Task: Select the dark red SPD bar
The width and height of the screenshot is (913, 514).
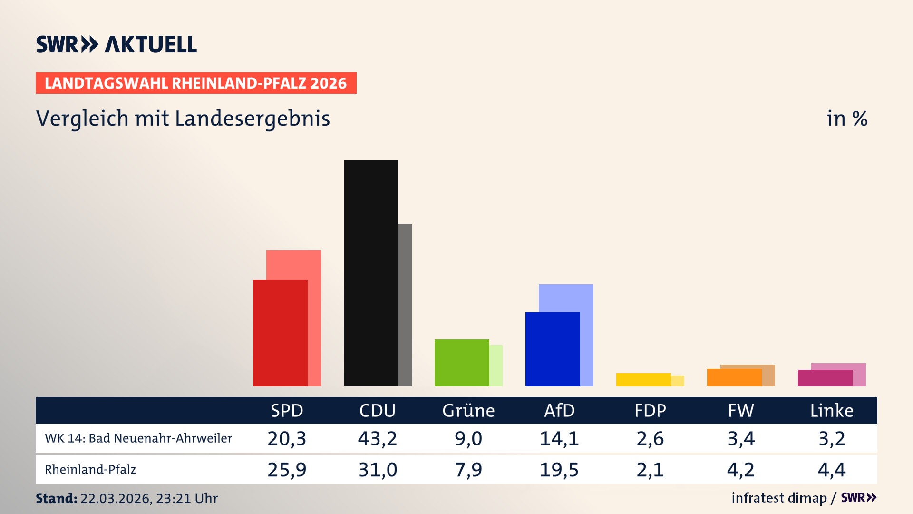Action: pyautogui.click(x=280, y=333)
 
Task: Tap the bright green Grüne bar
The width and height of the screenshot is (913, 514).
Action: pyautogui.click(x=462, y=363)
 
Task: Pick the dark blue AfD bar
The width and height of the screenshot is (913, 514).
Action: pyautogui.click(x=553, y=349)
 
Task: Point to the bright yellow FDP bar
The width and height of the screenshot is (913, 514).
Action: pyautogui.click(x=643, y=380)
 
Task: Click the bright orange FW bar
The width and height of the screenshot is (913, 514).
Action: pyautogui.click(x=734, y=377)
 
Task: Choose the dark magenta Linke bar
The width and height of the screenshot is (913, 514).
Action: pyautogui.click(x=825, y=378)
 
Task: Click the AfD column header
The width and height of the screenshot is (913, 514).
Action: pyautogui.click(x=559, y=410)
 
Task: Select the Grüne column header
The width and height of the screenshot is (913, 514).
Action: pyautogui.click(x=468, y=410)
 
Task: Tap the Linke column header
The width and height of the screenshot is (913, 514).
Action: pyautogui.click(x=832, y=410)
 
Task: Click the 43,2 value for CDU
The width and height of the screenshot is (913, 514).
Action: pyautogui.click(x=378, y=438)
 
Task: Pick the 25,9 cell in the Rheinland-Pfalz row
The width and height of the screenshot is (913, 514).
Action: pyautogui.click(x=287, y=470)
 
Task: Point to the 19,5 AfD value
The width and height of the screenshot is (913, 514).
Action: pyautogui.click(x=559, y=470)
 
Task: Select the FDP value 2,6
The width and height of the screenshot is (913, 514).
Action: pyautogui.click(x=650, y=438)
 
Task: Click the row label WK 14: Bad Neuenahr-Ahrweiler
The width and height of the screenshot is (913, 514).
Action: pyautogui.click(x=138, y=438)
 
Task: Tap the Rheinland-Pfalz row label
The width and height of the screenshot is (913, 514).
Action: pyautogui.click(x=90, y=470)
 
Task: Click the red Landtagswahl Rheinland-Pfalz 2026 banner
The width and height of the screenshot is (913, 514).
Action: pyautogui.click(x=196, y=83)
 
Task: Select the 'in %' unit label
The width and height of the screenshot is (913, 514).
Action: pyautogui.click(x=847, y=119)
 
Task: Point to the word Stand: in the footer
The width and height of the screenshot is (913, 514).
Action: pyautogui.click(x=57, y=498)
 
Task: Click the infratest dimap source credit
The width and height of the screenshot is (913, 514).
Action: pyautogui.click(x=779, y=498)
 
